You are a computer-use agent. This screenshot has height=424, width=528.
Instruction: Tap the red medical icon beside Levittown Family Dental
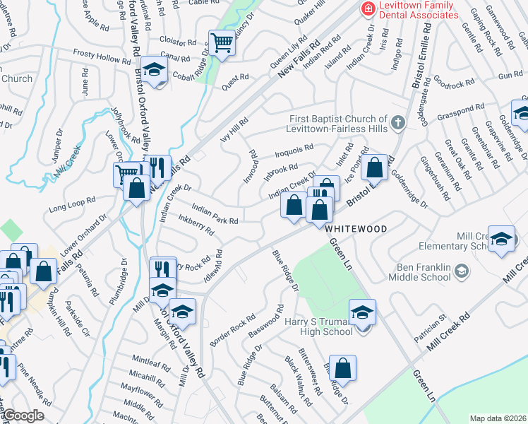coord(367,8)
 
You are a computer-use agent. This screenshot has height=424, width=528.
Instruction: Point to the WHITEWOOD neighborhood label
coord(356,229)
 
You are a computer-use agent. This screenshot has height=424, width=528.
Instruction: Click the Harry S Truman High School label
coord(319,326)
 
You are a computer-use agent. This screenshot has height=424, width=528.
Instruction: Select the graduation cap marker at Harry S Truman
coord(362,312)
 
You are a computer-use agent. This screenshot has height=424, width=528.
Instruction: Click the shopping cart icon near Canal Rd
coord(222,43)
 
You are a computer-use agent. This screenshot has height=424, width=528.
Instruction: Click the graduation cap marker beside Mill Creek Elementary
coord(502,240)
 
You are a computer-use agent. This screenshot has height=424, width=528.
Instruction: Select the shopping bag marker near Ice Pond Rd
coord(376,167)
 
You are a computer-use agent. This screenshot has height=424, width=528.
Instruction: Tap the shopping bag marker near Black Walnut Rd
coord(342,367)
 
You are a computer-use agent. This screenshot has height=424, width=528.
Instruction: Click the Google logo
coord(23,416)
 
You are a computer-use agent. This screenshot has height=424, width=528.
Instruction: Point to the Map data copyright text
coord(498,418)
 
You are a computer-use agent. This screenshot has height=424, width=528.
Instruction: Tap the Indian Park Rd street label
coord(215,216)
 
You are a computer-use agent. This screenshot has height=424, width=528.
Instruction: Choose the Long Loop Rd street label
coord(71,206)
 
